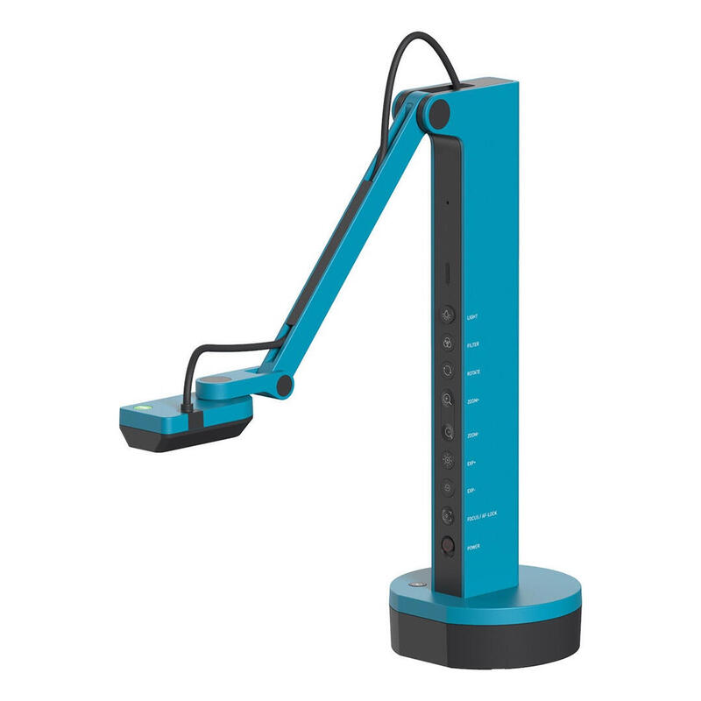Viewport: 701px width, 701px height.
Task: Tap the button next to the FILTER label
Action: (448, 343)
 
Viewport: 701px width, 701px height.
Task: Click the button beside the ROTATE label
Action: (448, 372)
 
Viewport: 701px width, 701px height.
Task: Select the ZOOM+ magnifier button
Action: (448, 400)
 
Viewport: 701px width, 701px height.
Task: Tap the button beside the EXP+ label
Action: (448, 459)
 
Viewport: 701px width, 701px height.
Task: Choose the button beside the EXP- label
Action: (448, 487)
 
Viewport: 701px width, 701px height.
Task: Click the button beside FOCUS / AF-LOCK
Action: (448, 516)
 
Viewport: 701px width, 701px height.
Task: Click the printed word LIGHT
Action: (473, 315)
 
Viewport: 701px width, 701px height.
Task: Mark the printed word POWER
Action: (474, 547)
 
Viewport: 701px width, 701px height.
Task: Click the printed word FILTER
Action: (474, 344)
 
